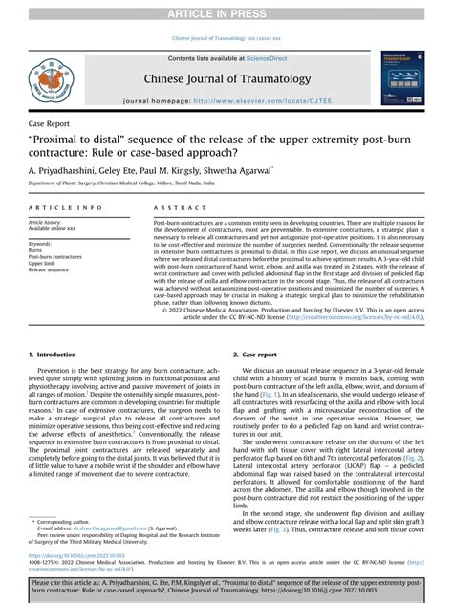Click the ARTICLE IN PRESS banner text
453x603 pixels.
(x=226, y=11)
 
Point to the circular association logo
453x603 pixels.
(x=48, y=78)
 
